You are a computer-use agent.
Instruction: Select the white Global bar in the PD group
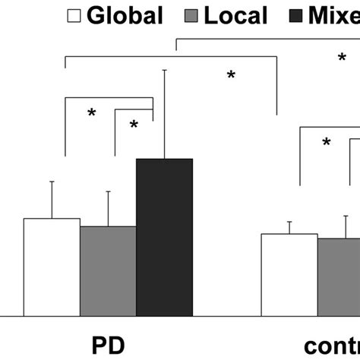52,267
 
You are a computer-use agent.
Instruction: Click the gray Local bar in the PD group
108,270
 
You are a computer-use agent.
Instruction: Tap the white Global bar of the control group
289,274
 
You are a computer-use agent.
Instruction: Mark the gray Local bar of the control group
339,276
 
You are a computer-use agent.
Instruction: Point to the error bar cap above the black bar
164,71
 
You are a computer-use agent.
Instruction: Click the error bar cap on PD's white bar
52,182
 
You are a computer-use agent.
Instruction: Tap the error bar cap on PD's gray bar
108,191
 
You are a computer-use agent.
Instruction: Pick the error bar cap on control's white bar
289,222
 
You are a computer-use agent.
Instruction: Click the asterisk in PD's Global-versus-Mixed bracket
91,114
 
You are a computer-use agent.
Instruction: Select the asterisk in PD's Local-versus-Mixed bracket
134,125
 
